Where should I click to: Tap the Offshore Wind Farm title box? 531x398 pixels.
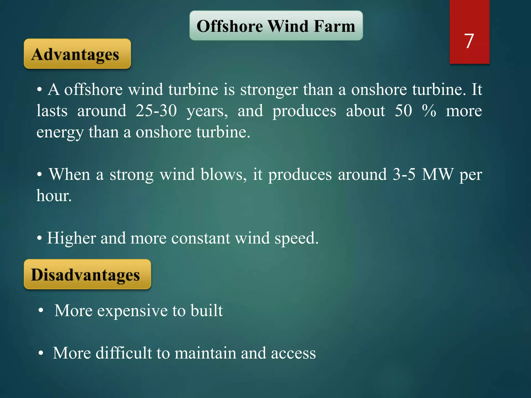click(276, 26)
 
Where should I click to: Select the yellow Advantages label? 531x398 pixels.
click(77, 54)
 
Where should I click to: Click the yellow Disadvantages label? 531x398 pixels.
click(87, 274)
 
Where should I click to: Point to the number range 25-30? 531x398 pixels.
click(156, 111)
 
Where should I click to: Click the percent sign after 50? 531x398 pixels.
click(429, 111)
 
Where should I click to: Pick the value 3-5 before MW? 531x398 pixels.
click(404, 174)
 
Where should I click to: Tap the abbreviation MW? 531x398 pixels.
click(438, 174)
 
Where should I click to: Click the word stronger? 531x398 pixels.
click(269, 90)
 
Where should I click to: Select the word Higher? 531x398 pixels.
click(71, 238)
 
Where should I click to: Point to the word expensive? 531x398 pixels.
click(132, 310)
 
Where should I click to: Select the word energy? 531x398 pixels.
click(60, 133)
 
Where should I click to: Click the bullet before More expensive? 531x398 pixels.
click(40, 311)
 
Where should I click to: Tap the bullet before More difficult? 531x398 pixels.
click(40, 353)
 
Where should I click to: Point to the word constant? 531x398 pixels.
click(200, 238)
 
